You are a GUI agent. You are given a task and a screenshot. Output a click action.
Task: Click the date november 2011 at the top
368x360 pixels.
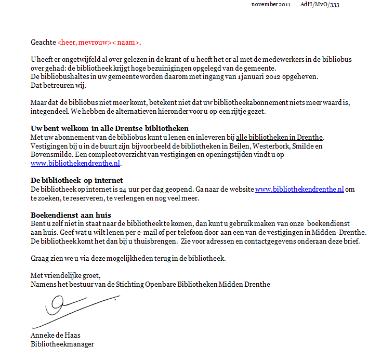tap(271, 4)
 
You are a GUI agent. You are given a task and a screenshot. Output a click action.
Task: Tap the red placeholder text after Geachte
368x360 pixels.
tap(99, 43)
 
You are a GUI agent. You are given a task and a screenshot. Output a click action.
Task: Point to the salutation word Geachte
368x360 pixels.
tap(43, 43)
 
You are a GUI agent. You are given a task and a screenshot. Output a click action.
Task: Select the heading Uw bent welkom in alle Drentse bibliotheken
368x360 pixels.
tap(109, 128)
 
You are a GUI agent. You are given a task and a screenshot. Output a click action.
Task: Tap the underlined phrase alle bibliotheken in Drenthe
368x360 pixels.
tap(280, 137)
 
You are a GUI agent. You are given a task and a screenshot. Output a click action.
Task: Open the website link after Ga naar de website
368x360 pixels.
tap(299, 189)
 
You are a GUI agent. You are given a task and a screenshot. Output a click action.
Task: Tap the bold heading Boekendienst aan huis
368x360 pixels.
tap(71, 215)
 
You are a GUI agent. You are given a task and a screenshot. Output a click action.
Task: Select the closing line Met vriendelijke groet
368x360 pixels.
tap(65, 275)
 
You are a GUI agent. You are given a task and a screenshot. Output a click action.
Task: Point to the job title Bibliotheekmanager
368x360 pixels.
tap(62, 344)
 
